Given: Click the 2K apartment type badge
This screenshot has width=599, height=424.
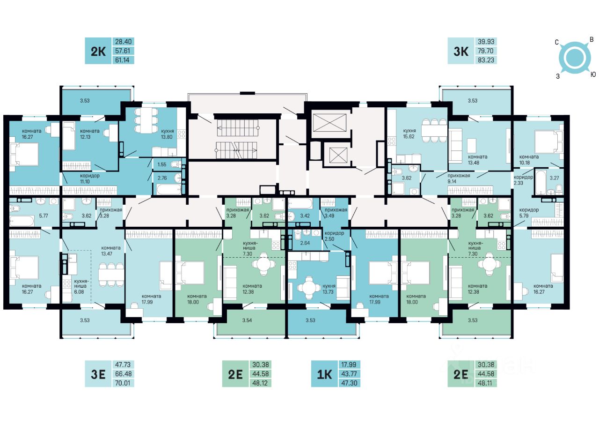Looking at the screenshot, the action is point(98,51).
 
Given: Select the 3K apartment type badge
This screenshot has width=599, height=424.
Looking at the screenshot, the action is point(461,51).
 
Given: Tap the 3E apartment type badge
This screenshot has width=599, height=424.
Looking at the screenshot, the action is point(98,374).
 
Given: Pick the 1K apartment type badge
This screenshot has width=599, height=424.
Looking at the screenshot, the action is point(324,374).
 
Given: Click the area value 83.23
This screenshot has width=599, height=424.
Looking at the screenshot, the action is point(486,60).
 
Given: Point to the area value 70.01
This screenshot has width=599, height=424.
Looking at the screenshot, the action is point(123,383).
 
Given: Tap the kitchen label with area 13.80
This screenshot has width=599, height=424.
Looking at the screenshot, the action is point(168,134).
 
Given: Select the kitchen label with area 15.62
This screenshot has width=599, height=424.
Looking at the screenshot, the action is point(409,134).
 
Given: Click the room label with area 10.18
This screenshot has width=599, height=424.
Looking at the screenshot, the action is point(529,160).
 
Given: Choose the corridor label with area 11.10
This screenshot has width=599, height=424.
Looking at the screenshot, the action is point(89,179).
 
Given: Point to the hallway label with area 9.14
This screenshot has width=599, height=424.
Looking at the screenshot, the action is point(459,179).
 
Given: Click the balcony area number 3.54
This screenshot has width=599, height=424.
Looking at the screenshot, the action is point(247,320).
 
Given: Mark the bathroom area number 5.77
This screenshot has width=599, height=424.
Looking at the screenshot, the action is point(44,216).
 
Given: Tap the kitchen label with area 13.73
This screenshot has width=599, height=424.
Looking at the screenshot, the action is point(329,289).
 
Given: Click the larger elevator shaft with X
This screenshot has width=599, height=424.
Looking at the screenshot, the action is point(329,123).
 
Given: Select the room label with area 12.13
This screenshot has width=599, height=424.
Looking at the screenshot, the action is point(89,134).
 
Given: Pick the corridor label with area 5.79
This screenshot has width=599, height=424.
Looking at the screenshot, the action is point(529,213).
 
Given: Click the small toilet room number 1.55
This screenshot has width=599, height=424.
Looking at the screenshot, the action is point(162,164).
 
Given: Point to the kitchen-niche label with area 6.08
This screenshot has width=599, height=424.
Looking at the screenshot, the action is point(81,286).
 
